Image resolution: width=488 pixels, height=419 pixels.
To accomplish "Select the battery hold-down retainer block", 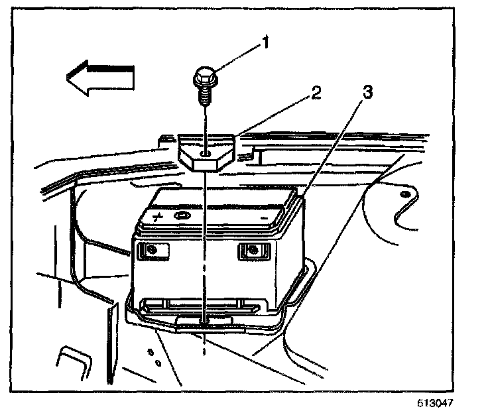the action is click(208, 153).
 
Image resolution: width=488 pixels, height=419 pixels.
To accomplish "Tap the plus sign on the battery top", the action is click(158, 216).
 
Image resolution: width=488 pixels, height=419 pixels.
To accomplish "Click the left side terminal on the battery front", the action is click(152, 249).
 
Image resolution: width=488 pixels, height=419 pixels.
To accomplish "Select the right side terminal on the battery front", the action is click(251, 250).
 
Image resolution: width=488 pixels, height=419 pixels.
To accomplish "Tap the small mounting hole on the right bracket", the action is click(404, 194).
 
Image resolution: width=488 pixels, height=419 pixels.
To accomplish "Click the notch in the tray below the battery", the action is click(205, 321).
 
